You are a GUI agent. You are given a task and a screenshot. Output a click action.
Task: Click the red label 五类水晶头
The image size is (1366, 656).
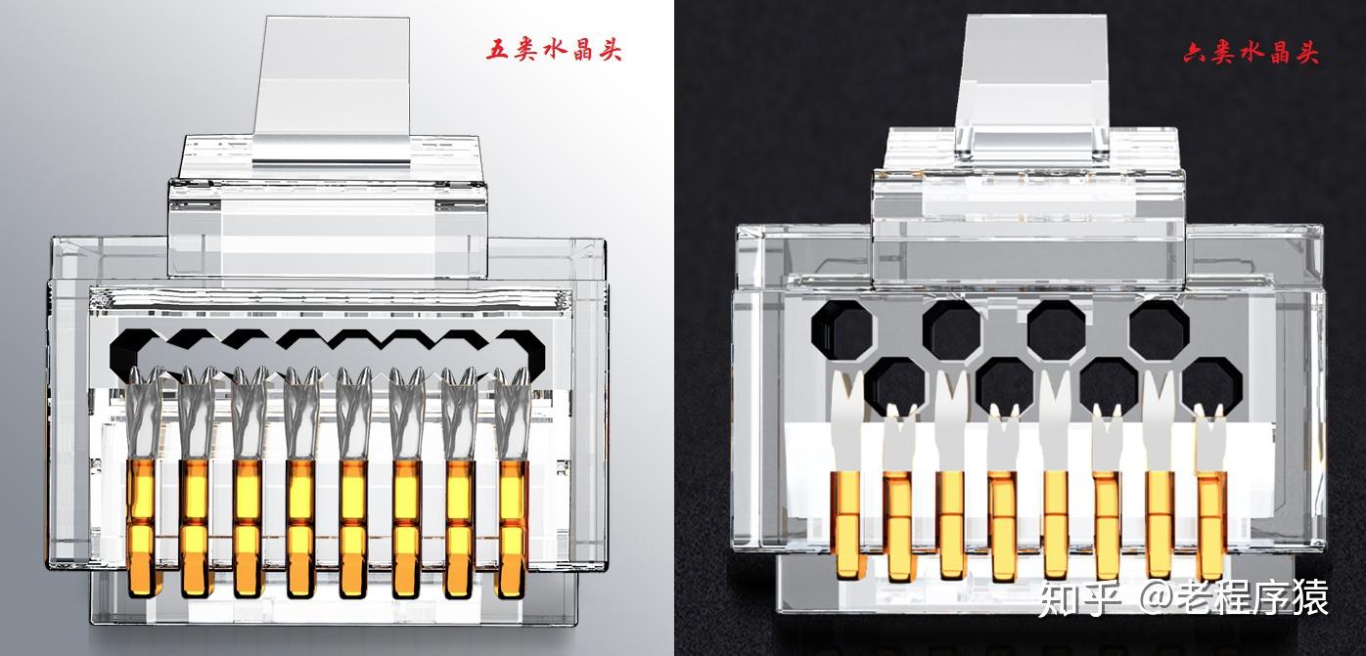click(554, 50)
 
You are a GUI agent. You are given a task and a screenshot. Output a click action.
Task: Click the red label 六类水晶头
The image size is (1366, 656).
click(1252, 53)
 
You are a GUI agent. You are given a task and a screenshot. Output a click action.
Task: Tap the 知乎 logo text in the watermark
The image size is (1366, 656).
click(1080, 597)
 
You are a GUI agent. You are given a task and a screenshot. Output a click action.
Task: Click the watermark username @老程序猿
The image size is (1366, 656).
click(1233, 597)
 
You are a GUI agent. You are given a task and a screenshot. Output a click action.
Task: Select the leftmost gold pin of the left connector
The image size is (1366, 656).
click(143, 528)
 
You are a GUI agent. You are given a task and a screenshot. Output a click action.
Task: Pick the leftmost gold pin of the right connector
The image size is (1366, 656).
click(847, 524)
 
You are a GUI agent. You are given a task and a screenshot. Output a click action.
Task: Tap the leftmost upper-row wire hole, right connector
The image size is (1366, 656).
click(842, 329)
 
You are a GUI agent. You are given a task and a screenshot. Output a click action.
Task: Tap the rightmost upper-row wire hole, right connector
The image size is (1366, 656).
click(1160, 329)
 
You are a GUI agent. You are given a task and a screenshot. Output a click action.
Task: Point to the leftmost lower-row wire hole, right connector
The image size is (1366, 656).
click(895, 385)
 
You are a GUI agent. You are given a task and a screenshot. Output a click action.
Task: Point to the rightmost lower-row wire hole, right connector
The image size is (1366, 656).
click(1211, 385)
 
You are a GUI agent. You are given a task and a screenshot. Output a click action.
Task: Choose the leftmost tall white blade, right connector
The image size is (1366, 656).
click(846, 421)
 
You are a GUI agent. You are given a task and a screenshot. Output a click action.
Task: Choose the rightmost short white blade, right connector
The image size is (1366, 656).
click(1211, 439)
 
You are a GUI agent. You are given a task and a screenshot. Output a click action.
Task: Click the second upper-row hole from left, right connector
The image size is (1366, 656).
click(952, 329)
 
